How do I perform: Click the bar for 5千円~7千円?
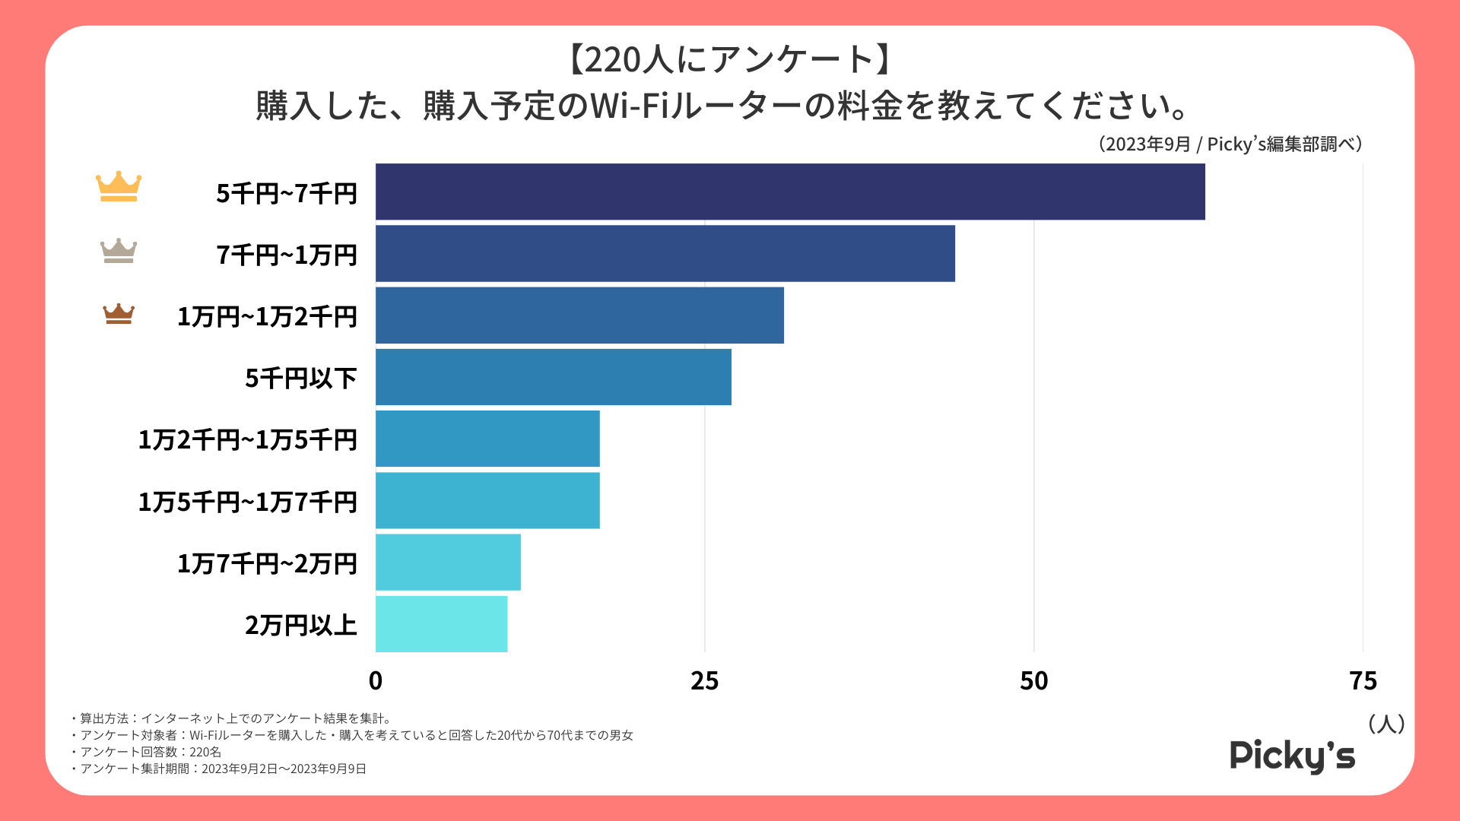pos(790,192)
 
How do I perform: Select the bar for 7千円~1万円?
pos(665,253)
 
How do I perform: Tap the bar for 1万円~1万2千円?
pos(579,315)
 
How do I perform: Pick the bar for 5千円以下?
pos(554,377)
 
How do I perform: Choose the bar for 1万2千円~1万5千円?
pos(487,439)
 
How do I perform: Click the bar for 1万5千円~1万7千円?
pos(487,500)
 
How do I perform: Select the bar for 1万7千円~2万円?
pos(448,562)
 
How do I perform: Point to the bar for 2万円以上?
pos(441,623)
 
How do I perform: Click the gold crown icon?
pos(119,186)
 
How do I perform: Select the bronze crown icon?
pos(119,313)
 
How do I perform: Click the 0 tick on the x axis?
pos(376,680)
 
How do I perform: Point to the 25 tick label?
pos(705,680)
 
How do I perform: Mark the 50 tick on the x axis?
pos(1034,680)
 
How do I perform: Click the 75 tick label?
pos(1363,680)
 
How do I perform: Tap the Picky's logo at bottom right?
pos(1293,756)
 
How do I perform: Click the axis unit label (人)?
pos(1386,724)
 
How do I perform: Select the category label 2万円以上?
pos(301,625)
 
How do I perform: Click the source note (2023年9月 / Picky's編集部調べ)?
pos(1230,144)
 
